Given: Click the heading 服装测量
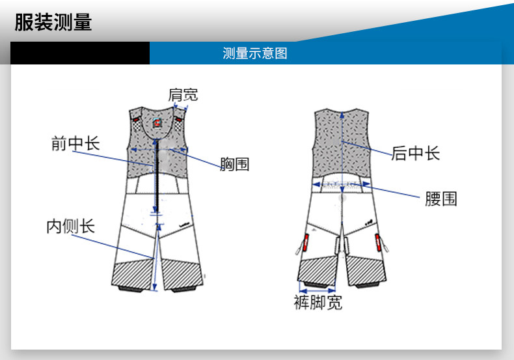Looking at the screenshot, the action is click(x=53, y=23).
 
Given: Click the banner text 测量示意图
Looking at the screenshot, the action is click(x=254, y=53).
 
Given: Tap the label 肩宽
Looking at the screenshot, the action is click(x=183, y=95).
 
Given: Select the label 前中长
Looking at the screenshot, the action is click(x=75, y=143).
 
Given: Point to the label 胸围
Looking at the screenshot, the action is click(x=234, y=164).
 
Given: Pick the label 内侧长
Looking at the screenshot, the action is click(x=70, y=226).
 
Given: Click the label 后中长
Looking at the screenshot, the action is click(x=416, y=154).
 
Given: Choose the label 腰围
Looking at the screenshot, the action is click(x=441, y=199).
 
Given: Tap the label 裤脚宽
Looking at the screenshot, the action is click(x=318, y=303).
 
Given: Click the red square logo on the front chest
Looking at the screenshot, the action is click(x=157, y=123).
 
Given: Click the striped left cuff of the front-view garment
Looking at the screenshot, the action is click(x=133, y=273).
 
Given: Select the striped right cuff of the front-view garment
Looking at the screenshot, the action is click(x=180, y=273).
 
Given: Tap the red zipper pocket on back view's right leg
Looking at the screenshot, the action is click(x=378, y=245).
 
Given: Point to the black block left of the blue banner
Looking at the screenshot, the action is click(x=80, y=53).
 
